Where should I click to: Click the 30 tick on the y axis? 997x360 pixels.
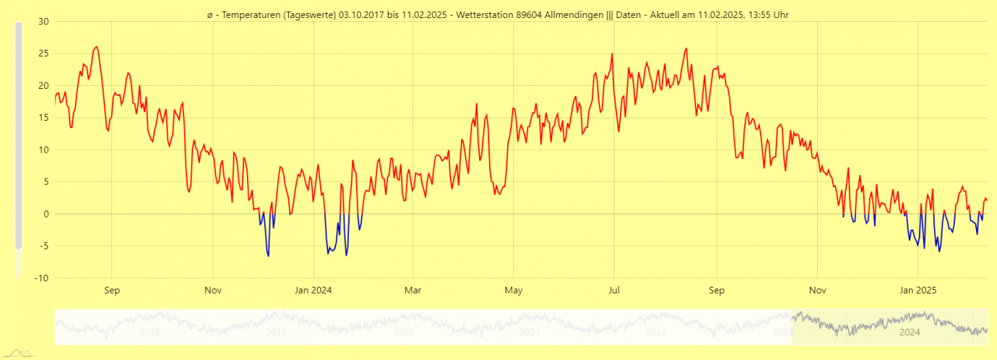(44, 21)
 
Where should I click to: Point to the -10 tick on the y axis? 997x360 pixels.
(42, 278)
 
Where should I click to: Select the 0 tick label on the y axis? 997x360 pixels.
(46, 214)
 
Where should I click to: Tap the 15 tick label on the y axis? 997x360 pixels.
(44, 118)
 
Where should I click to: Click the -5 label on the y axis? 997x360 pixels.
(44, 246)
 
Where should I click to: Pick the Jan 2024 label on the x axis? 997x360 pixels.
(313, 291)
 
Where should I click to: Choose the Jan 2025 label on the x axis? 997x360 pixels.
(918, 291)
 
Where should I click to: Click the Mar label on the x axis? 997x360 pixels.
(413, 291)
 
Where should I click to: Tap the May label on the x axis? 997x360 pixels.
(513, 291)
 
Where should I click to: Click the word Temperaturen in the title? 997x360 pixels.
(249, 14)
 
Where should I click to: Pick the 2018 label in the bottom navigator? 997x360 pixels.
(149, 332)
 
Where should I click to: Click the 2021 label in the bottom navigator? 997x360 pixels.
(530, 332)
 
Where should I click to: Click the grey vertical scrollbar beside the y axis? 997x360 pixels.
(19, 136)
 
